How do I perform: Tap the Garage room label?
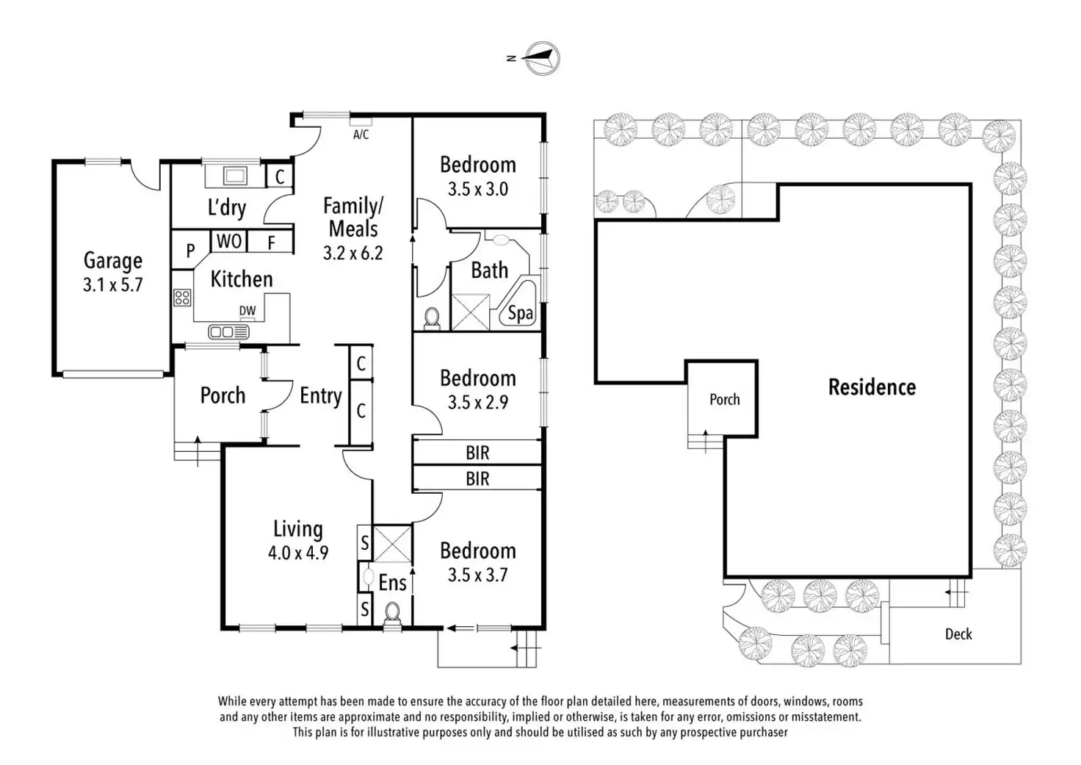coord(113,260)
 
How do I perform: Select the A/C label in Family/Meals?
coord(361,134)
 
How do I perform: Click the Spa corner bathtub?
coord(518,302)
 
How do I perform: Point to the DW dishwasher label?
coord(247,311)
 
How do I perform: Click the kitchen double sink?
coord(228,331)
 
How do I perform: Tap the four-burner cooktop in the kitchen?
coord(182,298)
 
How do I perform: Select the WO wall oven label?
coord(229,240)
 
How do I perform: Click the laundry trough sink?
coord(235,176)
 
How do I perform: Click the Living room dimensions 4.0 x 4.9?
coord(298,553)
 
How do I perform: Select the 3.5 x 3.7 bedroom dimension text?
coord(478,575)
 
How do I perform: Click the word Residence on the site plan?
coord(872,387)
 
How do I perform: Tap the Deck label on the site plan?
coord(958,633)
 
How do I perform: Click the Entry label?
coord(321,395)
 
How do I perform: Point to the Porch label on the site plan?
coord(724,400)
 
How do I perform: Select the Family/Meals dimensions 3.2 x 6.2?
coord(352,253)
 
